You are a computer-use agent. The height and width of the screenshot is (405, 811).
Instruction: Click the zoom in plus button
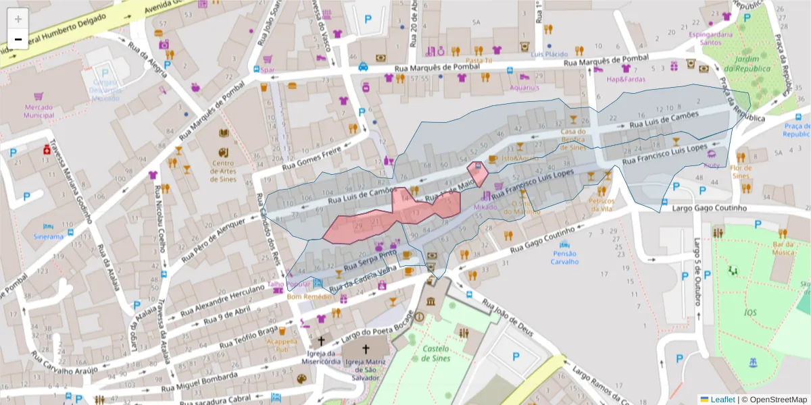coord(18,18)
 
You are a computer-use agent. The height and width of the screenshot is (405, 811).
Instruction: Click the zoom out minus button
coord(18,39)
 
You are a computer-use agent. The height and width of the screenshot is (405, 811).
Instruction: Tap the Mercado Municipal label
coord(39,111)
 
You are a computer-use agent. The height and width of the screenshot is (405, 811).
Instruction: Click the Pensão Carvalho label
coord(564,257)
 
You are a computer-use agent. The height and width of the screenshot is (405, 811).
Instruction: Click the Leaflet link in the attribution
coord(722,400)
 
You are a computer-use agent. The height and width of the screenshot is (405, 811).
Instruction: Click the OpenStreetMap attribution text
coord(775,400)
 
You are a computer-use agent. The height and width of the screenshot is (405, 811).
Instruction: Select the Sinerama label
coord(49,237)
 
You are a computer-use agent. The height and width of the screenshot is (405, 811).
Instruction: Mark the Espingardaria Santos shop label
coord(711,38)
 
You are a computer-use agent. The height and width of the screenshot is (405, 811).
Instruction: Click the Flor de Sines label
coord(741,171)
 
